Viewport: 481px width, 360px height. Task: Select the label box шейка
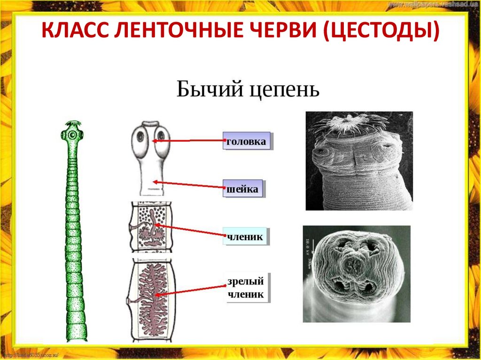point(242,189)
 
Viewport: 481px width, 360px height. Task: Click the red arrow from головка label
point(188,140)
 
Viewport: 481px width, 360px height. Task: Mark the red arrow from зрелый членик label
point(190,291)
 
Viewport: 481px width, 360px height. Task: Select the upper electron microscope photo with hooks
point(359,161)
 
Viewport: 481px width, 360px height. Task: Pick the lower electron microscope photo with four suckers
point(357,274)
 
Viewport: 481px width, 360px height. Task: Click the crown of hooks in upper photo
point(350,123)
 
